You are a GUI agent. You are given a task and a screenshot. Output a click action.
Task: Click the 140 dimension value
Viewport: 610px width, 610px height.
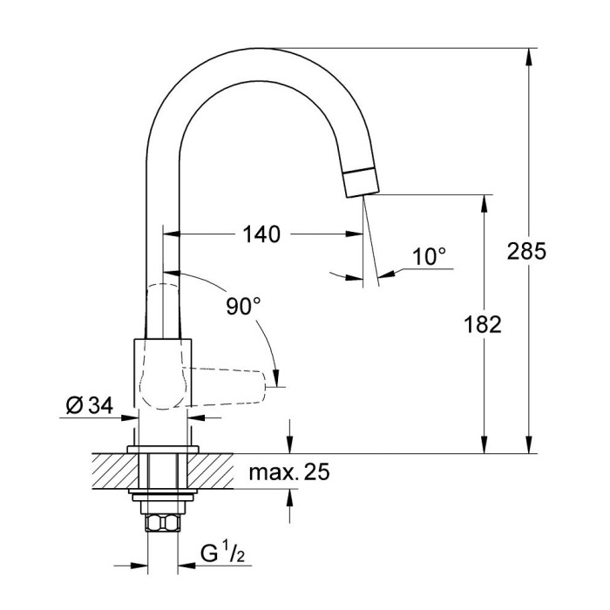click(261, 234)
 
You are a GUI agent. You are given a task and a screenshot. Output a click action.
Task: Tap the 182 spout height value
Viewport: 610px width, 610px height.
click(484, 324)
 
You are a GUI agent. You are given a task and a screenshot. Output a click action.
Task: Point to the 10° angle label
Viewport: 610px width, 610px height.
click(429, 256)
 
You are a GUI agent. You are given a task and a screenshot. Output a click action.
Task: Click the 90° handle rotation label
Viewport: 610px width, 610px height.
click(243, 306)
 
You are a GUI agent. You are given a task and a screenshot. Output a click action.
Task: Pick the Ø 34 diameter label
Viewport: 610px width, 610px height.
click(87, 404)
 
